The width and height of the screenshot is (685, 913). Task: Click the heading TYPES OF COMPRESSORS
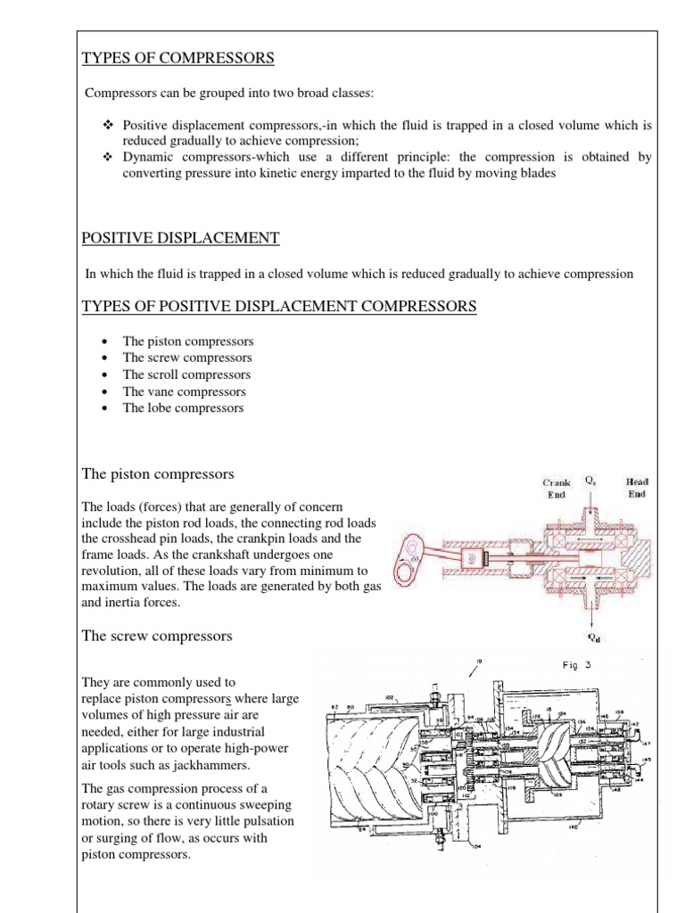[x=177, y=59]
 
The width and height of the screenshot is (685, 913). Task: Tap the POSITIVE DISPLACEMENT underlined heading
[x=180, y=238]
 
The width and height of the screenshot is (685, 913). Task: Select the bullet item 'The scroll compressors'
[x=186, y=374]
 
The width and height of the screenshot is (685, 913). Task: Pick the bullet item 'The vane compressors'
[x=184, y=391]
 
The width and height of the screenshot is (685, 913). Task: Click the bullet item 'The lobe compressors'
[x=183, y=407]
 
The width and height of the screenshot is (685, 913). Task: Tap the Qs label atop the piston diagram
[x=590, y=481]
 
